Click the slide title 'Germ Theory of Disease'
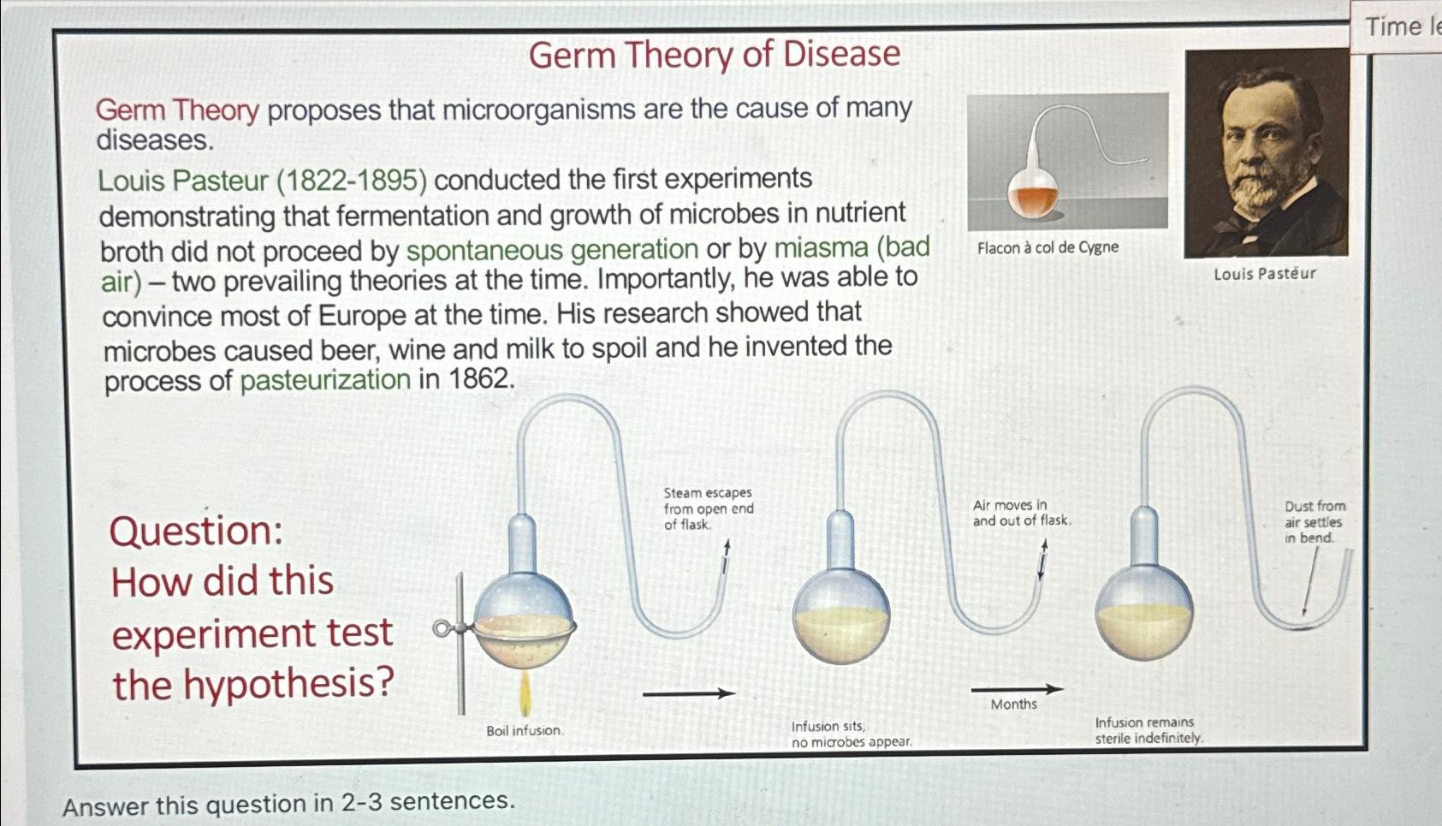coord(715,55)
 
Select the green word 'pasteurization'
coord(325,380)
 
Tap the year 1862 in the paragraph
coord(478,377)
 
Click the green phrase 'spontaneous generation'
coord(552,250)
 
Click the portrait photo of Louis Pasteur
coord(1266,154)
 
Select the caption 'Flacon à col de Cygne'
coord(1047,247)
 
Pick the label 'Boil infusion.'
coord(524,731)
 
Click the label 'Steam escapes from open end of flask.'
coord(709,508)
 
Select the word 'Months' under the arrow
coord(1014,704)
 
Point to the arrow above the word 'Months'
coord(1017,688)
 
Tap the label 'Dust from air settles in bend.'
coord(1314,522)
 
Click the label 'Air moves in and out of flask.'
coord(1021,513)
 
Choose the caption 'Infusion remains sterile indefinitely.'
coord(1148,730)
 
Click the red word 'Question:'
coord(196,531)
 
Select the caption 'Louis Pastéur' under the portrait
coord(1264,274)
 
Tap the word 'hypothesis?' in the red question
coord(288,683)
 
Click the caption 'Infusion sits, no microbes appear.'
coord(851,734)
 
